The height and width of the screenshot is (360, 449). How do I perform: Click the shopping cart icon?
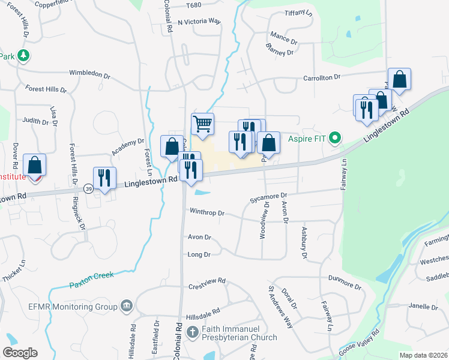[203, 124]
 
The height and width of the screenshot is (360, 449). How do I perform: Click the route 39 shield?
[88, 188]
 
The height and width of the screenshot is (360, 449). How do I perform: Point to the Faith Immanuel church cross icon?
[192, 332]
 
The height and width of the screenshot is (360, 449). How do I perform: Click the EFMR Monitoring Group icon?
[126, 306]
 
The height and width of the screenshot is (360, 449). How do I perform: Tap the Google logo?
[20, 353]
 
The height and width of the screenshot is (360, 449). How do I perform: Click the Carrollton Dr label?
[322, 77]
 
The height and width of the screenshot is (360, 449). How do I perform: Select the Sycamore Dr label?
[270, 196]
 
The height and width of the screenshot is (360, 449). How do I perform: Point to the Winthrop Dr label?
[206, 212]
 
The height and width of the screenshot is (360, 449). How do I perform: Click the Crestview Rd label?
[206, 281]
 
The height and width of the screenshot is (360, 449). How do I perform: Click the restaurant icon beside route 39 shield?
[105, 176]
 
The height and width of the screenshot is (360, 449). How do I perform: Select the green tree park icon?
[23, 56]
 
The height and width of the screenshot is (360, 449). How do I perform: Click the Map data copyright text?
[423, 355]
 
